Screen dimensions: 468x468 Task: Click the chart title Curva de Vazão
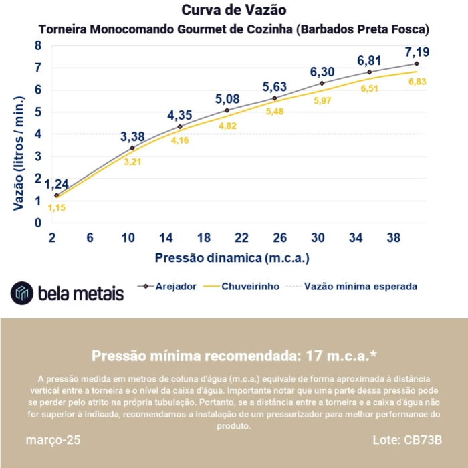coord(233,11)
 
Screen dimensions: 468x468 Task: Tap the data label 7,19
coord(417,51)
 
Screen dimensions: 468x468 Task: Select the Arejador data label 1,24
coord(57,184)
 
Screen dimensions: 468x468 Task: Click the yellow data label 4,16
coord(180,140)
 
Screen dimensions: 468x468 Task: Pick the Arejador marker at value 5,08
coord(227,110)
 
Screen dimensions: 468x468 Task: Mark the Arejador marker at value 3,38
coord(132,148)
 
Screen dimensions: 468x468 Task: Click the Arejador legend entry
coord(167,286)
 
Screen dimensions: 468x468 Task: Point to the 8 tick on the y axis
coord(38,45)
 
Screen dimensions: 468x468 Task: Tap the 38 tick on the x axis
coord(393,237)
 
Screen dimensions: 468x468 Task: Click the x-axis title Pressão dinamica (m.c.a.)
coord(233,257)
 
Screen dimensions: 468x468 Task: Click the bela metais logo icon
coord(22,293)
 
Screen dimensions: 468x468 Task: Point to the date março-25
coord(53,441)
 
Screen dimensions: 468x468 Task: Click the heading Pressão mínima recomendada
coord(233,355)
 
